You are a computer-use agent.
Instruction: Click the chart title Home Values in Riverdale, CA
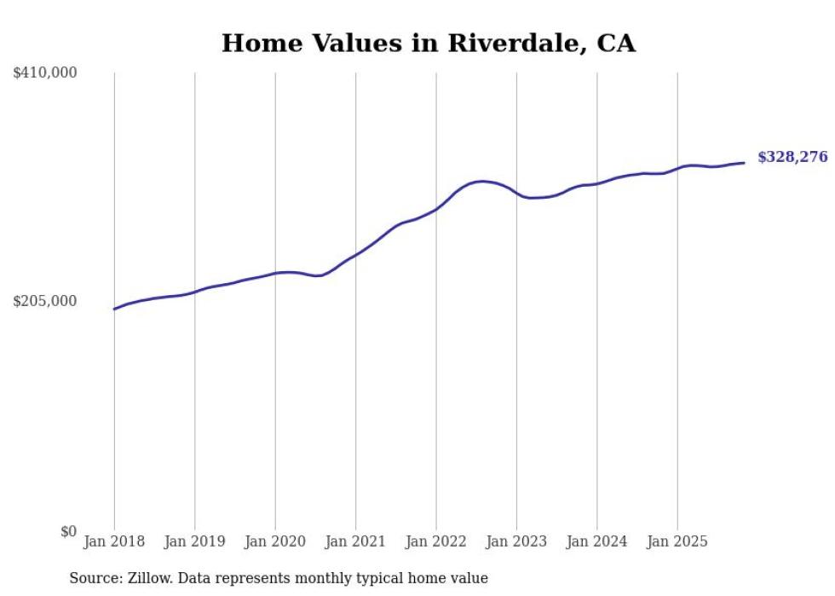click(428, 43)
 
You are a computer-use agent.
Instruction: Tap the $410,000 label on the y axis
click(45, 73)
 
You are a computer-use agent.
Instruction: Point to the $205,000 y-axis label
click(45, 301)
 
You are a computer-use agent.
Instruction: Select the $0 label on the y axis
click(68, 531)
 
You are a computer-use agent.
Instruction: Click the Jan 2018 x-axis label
click(114, 541)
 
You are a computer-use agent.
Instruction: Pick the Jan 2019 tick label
click(194, 541)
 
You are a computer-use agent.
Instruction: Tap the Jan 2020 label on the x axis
click(275, 541)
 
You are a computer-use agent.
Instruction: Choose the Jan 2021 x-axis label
click(355, 541)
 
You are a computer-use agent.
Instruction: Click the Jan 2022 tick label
click(436, 541)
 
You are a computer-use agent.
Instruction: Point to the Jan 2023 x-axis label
click(516, 541)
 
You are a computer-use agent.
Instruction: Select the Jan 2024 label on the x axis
click(597, 541)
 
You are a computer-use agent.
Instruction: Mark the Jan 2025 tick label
click(677, 541)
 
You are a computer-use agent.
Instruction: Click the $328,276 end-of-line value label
click(792, 157)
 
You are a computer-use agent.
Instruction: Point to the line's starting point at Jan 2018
click(114, 309)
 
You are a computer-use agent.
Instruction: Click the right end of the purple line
click(744, 163)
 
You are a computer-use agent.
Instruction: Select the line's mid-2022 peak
click(482, 181)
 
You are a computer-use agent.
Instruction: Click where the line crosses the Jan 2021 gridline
click(355, 254)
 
